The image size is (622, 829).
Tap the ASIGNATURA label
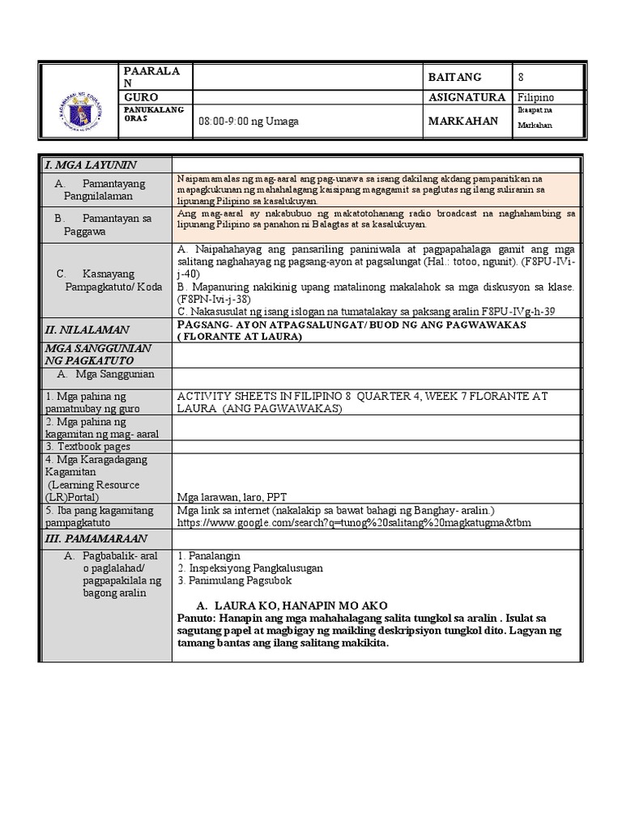pyautogui.click(x=469, y=97)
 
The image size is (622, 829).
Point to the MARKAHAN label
pyautogui.click(x=462, y=119)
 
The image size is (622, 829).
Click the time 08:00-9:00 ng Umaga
pyautogui.click(x=249, y=121)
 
